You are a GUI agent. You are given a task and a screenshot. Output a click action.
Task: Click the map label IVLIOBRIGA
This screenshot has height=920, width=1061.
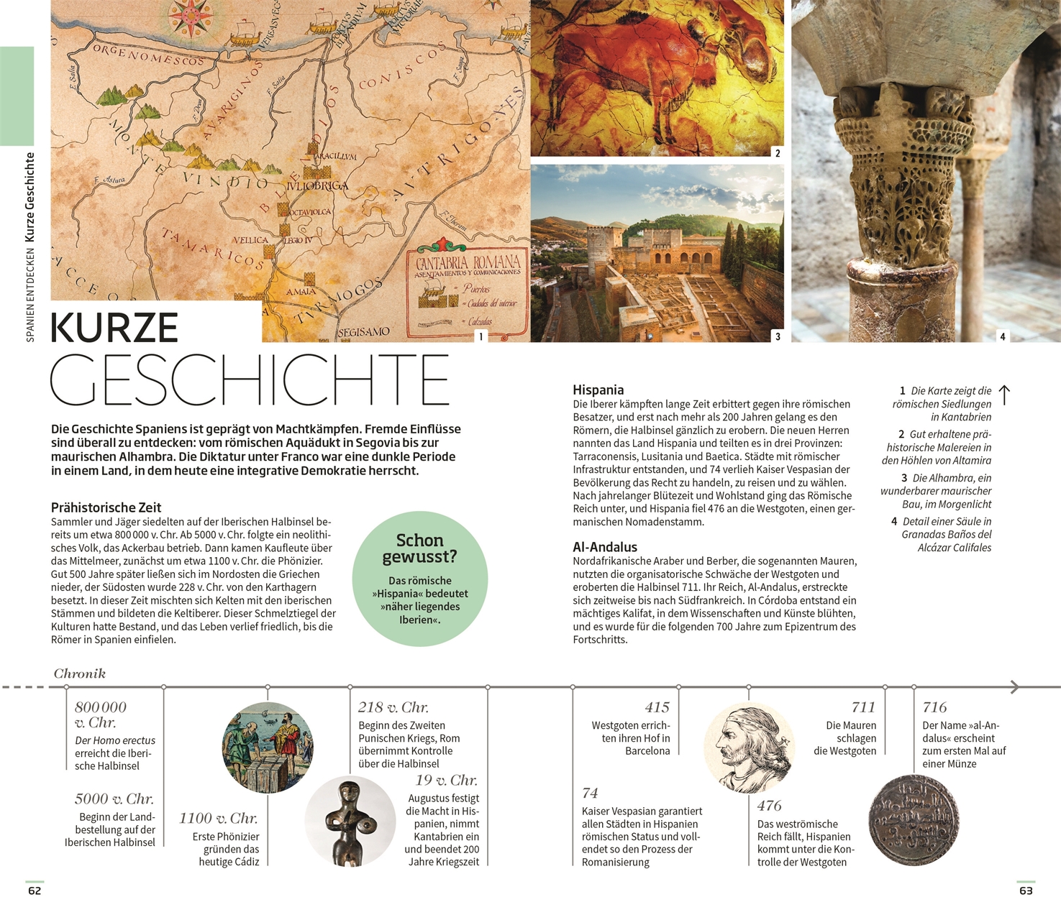tap(317, 186)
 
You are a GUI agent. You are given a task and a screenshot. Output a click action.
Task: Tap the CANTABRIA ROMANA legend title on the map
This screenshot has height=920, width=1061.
tap(468, 263)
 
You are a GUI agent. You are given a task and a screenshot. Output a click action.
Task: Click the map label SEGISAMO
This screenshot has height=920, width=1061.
tap(363, 332)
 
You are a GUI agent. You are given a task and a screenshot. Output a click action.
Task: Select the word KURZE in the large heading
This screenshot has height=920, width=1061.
tap(114, 328)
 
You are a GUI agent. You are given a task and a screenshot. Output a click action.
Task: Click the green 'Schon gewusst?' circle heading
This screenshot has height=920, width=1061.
tap(419, 548)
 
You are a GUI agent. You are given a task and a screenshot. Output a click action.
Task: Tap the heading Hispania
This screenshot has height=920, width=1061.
tap(598, 390)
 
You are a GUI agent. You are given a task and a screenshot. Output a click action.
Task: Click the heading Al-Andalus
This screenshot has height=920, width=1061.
tap(605, 547)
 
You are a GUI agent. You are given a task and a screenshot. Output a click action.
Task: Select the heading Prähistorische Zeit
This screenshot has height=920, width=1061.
tap(106, 507)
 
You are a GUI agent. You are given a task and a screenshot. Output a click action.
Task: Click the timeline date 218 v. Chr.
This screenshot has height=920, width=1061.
tap(393, 707)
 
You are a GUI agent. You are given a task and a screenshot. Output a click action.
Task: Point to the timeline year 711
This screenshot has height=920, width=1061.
tap(863, 707)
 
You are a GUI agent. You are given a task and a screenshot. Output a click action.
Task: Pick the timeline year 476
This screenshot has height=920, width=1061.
tap(769, 806)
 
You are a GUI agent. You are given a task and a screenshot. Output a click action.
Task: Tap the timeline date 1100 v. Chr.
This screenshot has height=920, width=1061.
tap(218, 818)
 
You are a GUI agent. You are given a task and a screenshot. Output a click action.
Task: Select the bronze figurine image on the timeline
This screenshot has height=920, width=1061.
tap(350, 821)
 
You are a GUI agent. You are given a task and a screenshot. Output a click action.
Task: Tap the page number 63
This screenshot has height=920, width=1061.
tap(1026, 891)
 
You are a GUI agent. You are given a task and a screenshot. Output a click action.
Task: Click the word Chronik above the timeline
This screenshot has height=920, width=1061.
tap(79, 673)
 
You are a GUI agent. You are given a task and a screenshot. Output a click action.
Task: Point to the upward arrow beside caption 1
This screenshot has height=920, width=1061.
tap(1005, 395)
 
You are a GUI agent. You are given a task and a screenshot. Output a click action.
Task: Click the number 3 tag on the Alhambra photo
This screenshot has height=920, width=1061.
tap(778, 336)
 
